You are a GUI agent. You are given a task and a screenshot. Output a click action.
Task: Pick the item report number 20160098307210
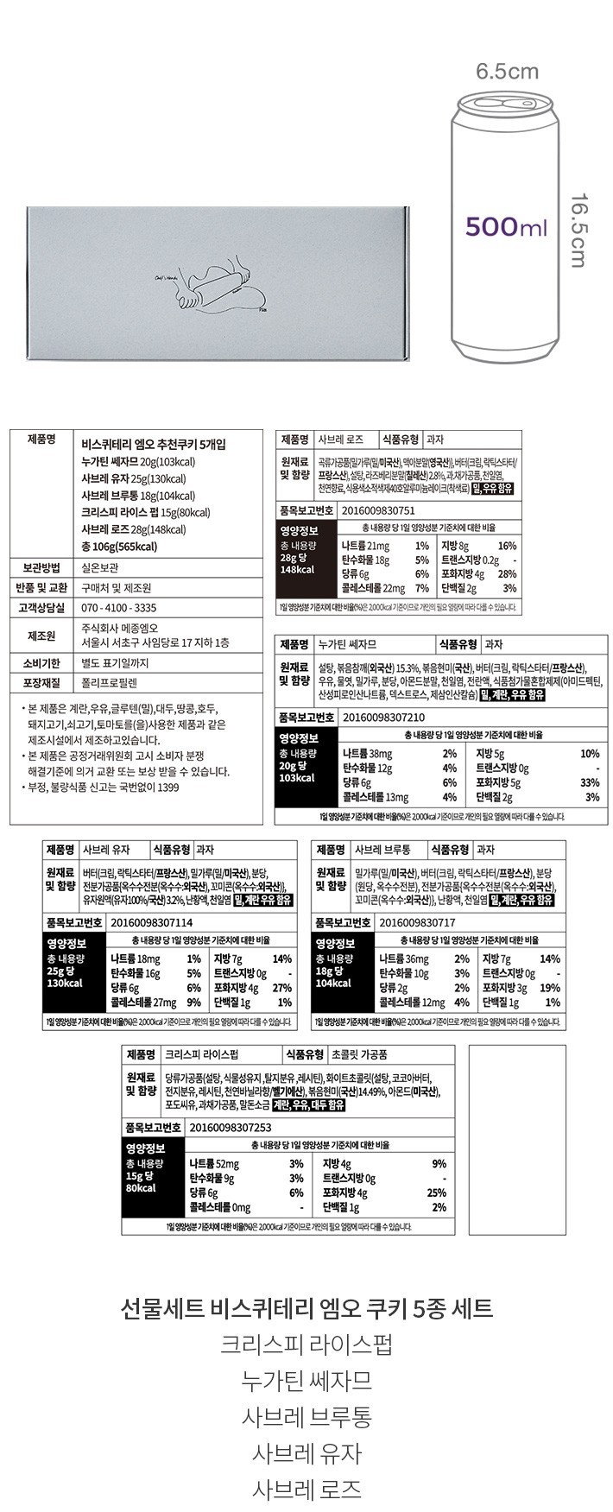click(383, 716)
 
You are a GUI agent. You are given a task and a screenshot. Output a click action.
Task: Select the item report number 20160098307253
click(230, 1127)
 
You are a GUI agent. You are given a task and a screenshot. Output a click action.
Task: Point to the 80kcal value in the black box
click(141, 1189)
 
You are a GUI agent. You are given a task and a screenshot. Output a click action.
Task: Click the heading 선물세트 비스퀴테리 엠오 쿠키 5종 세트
click(306, 1308)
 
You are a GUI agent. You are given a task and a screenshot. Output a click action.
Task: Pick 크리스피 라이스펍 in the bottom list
click(306, 1344)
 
